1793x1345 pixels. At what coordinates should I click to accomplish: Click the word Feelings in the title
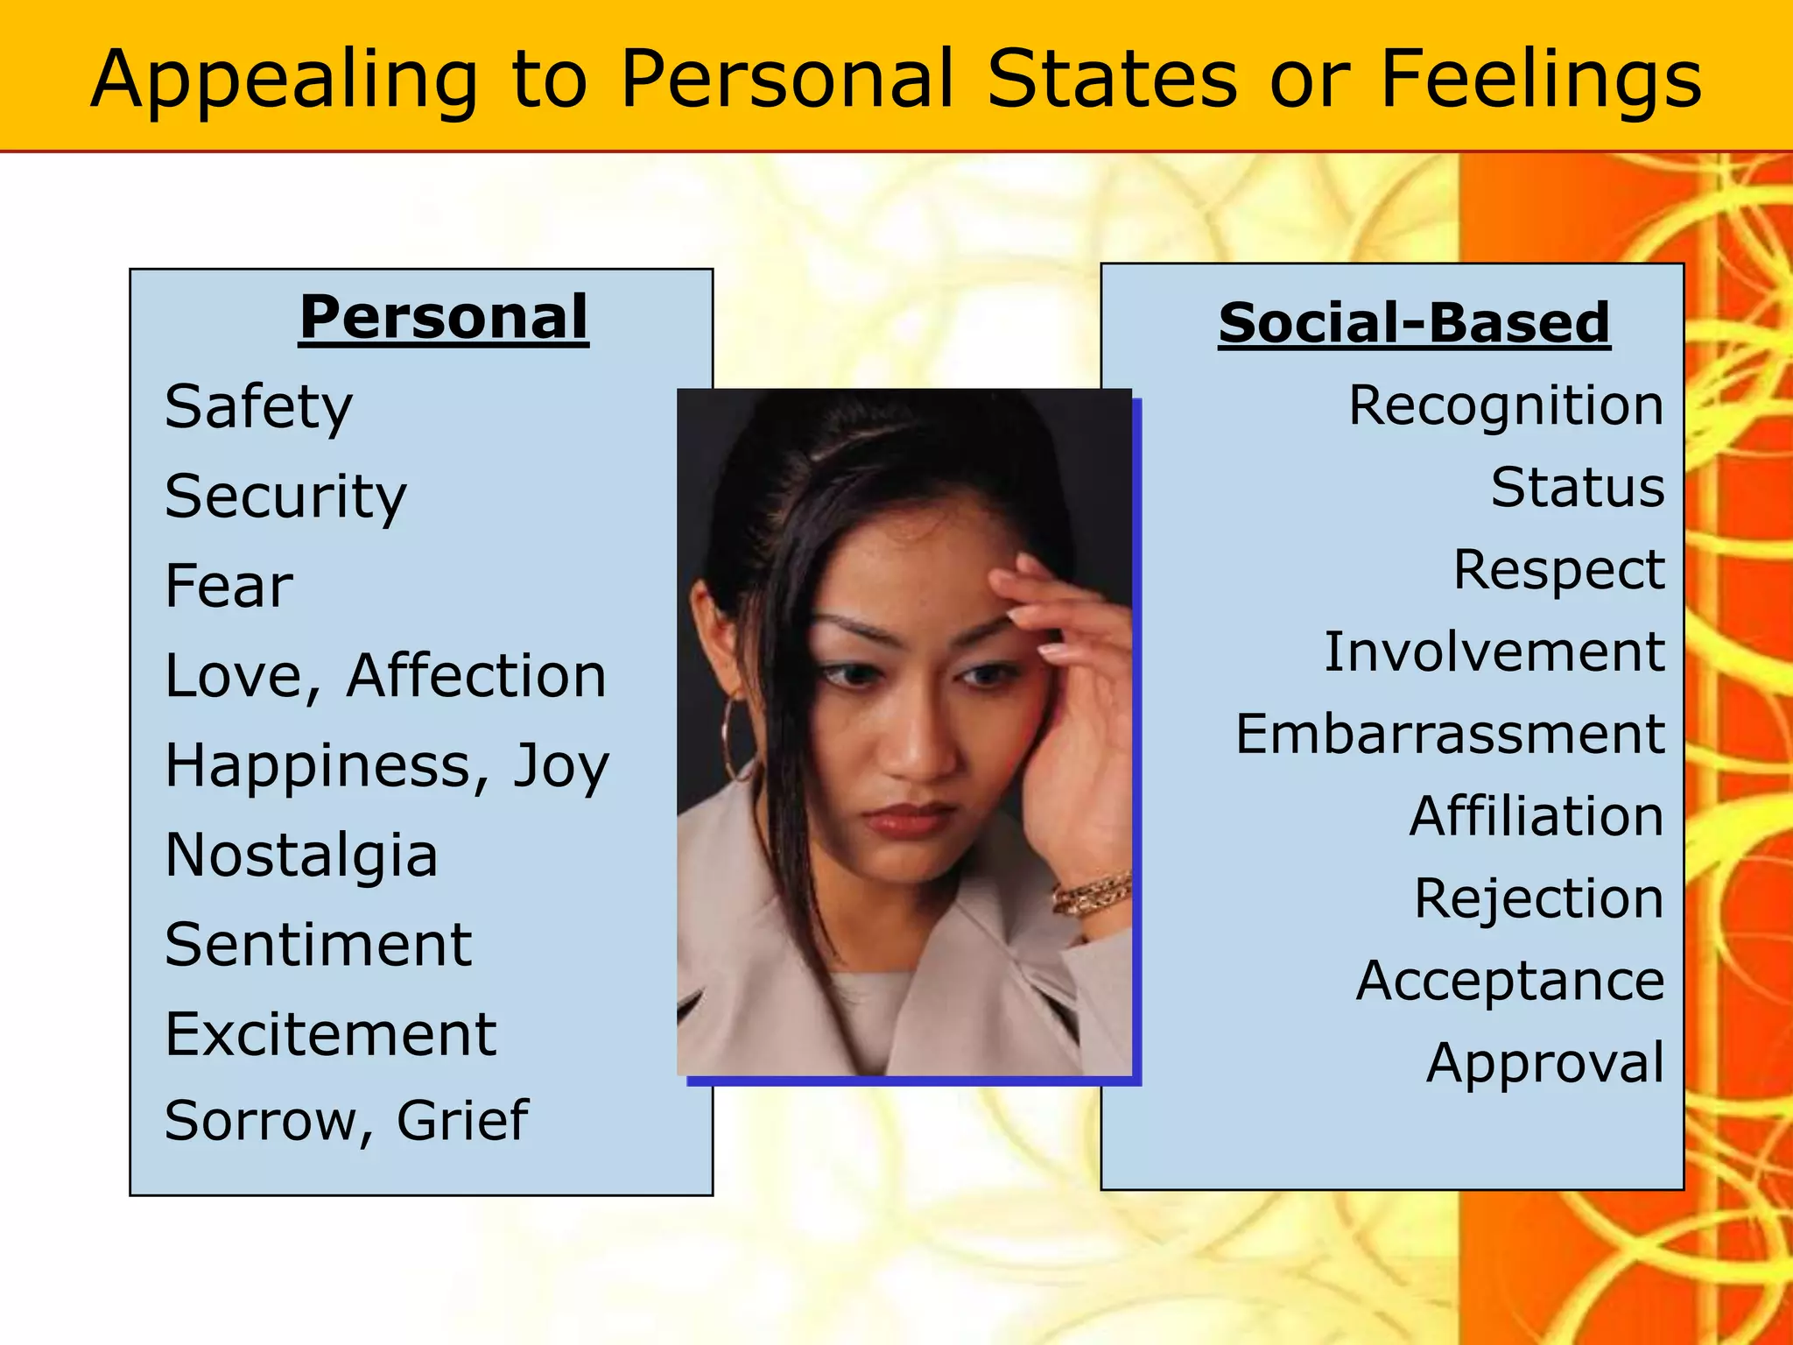1540,81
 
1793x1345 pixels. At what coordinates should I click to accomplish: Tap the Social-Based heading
1414,322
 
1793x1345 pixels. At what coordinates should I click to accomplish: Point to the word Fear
229,586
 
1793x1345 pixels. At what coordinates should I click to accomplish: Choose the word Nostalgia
301,855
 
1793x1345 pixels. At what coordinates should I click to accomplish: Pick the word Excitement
331,1034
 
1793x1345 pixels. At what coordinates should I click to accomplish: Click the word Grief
462,1121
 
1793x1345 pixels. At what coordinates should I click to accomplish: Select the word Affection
476,676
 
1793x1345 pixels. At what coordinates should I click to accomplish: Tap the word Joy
561,767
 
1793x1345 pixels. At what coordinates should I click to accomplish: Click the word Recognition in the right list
1506,406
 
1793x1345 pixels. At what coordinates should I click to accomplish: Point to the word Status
1578,488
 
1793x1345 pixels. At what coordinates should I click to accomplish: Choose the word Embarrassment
1450,734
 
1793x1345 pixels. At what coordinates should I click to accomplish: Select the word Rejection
1538,898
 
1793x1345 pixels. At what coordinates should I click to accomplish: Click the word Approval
1544,1064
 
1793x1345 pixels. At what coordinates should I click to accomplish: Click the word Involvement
1494,652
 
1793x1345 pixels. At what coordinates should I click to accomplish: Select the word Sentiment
319,945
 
